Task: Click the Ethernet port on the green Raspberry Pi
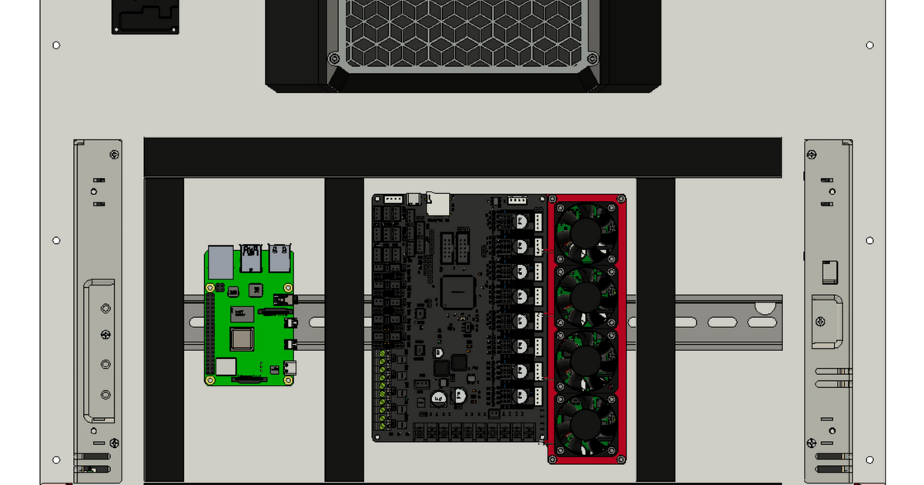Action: pos(221,263)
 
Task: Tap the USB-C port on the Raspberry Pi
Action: pos(290,368)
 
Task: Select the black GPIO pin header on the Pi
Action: pos(209,331)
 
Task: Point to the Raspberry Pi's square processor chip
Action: pos(242,339)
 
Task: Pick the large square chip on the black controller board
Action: pos(457,293)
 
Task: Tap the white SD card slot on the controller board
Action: pos(438,202)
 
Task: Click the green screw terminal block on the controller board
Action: pos(383,389)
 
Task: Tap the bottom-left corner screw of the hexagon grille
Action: pos(333,59)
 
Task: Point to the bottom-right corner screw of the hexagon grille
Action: pos(592,59)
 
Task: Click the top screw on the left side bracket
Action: pos(114,155)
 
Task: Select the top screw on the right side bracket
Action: pos(811,155)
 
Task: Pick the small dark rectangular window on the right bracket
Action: pos(829,272)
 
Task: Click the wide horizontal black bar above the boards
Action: pos(462,157)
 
